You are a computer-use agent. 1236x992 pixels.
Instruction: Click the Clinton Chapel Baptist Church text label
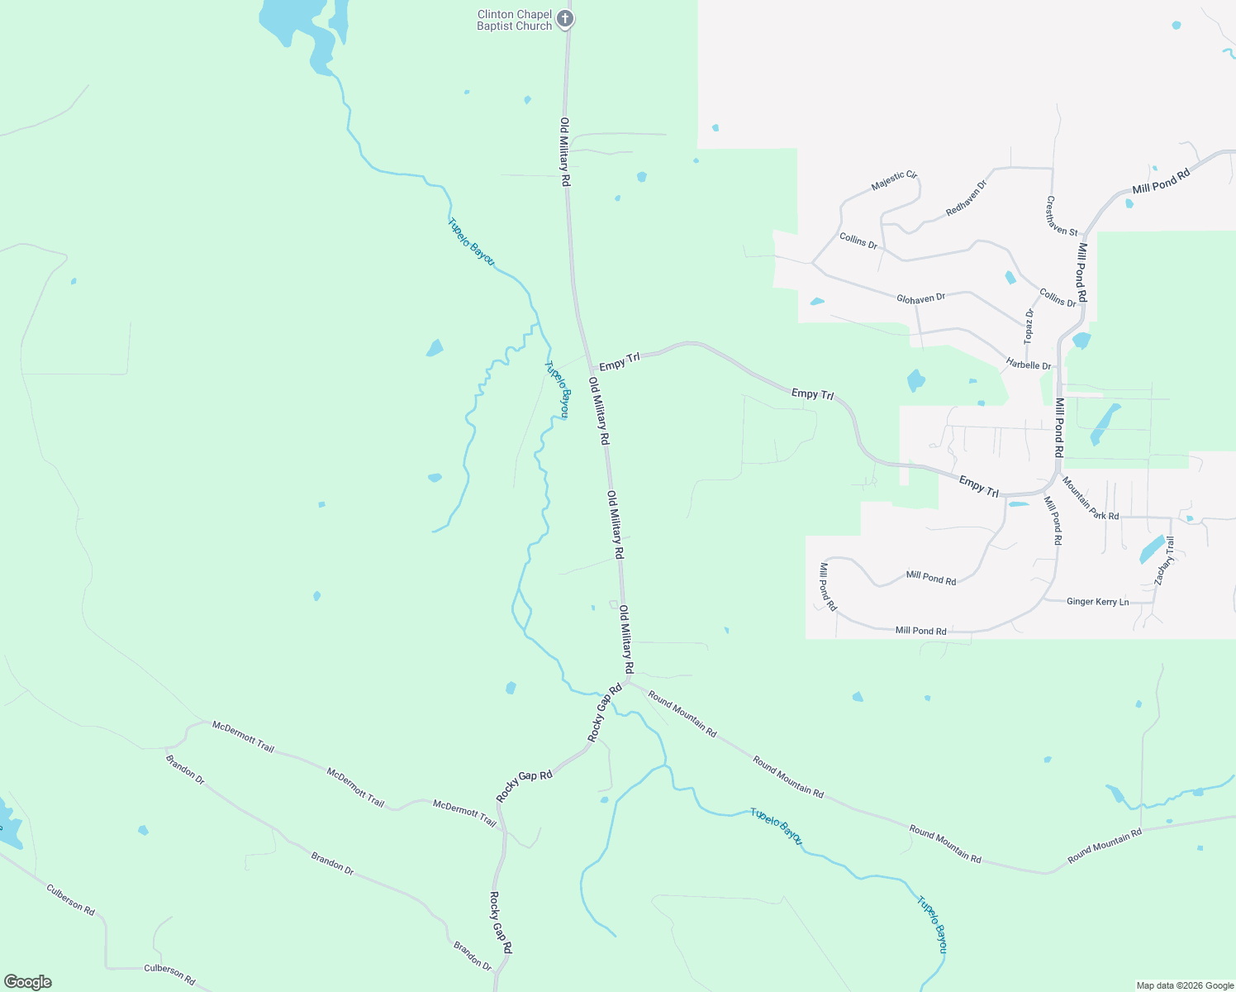514,21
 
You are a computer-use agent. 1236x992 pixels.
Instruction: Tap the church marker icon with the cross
565,19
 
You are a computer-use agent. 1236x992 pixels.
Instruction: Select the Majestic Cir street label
894,181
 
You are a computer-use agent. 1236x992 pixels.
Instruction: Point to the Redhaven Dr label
966,198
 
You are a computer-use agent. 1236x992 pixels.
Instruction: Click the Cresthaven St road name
1062,216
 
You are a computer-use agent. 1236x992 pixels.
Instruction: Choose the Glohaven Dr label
920,298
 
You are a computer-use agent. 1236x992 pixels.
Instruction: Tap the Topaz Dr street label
1029,326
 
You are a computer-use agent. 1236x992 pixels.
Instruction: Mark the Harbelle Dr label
1028,365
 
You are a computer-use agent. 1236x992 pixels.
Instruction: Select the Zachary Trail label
1164,561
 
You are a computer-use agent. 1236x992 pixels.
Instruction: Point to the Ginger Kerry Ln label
1097,602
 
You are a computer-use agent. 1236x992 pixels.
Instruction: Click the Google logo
27,982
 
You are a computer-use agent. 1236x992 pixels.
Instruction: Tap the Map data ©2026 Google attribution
1185,985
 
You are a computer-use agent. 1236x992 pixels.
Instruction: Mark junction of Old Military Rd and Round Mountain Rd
628,682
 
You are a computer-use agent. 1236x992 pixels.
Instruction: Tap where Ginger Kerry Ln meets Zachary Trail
1153,602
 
